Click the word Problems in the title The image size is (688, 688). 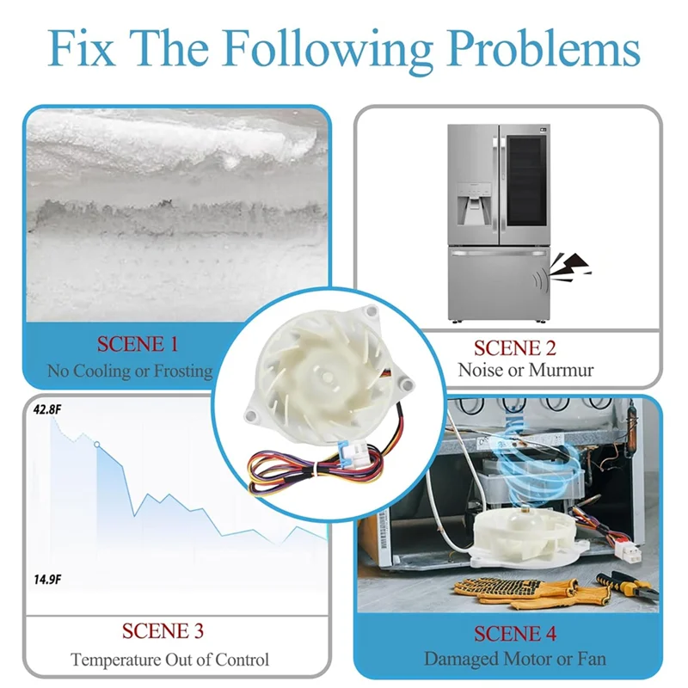click(x=534, y=50)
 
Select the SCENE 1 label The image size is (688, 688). click(x=138, y=345)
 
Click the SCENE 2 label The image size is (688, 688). click(x=515, y=348)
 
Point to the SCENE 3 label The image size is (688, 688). click(x=163, y=631)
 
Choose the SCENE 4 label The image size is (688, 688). click(x=515, y=635)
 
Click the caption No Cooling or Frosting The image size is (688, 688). click(x=130, y=372)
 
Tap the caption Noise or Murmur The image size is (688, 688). click(x=515, y=371)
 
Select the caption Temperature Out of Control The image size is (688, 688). click(x=169, y=660)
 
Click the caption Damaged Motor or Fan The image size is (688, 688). click(x=515, y=660)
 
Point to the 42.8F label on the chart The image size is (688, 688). click(x=46, y=409)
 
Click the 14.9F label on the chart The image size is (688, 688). click(x=46, y=580)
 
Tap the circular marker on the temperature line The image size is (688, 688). click(x=96, y=445)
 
